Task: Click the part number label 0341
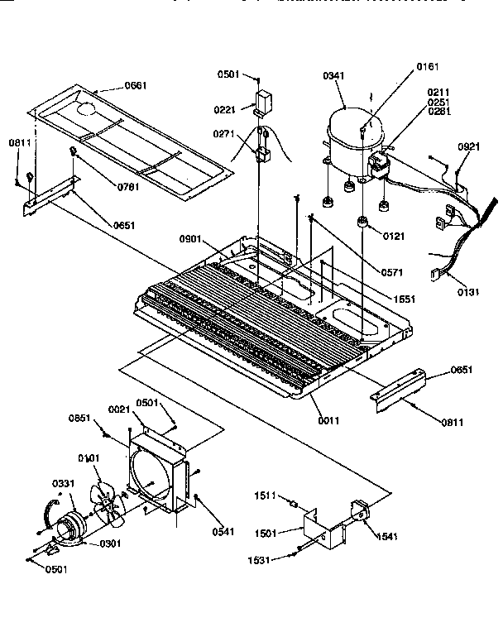(333, 77)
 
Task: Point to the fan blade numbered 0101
(106, 505)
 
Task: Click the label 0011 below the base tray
(328, 420)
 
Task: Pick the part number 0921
(468, 146)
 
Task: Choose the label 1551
(405, 299)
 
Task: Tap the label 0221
(227, 108)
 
